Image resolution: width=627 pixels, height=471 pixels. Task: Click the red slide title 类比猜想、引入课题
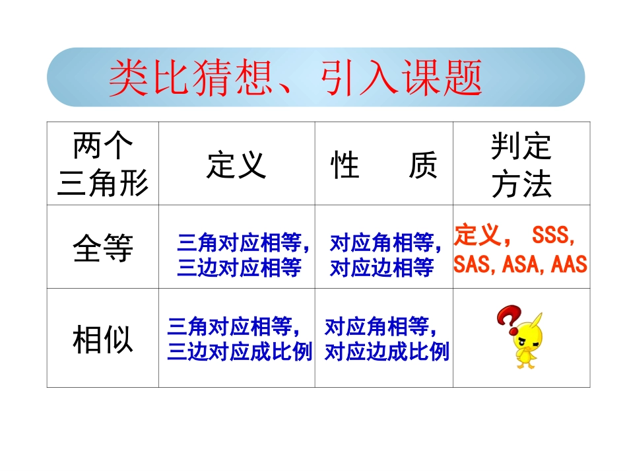tap(295, 78)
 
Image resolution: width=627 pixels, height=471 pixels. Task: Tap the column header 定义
tap(236, 164)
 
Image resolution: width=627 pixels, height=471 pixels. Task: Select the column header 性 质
tap(383, 164)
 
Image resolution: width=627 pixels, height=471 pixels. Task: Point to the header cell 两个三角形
tap(103, 164)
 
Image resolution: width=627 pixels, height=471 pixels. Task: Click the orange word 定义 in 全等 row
tap(476, 235)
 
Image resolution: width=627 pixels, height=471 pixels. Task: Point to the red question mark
tap(507, 320)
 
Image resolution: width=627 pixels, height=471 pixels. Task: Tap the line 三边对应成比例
tap(240, 351)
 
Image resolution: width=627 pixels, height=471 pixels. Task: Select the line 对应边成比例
tap(387, 351)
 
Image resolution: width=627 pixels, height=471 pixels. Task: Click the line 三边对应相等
tap(239, 267)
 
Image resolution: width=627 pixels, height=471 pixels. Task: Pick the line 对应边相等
tap(381, 267)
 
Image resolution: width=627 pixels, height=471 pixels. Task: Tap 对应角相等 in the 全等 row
tap(381, 243)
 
